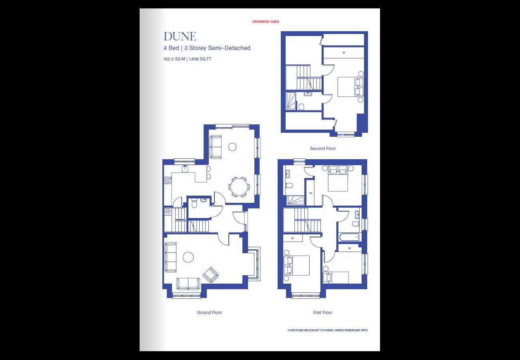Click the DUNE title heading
[180, 36]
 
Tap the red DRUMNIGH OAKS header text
[266, 22]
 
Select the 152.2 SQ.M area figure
[174, 59]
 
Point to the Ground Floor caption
[209, 312]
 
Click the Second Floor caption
[323, 148]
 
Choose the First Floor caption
[322, 312]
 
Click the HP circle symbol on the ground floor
[168, 212]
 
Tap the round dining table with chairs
[239, 187]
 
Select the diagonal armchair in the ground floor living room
[210, 274]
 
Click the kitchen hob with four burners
[168, 180]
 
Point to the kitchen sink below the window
[185, 168]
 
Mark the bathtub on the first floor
[349, 238]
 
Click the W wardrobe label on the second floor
[344, 53]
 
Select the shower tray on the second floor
[291, 101]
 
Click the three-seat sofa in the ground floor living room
[170, 257]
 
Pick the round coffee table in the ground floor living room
[188, 257]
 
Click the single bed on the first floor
[336, 278]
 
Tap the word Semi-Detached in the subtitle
[229, 48]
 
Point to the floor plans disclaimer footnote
[328, 330]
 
